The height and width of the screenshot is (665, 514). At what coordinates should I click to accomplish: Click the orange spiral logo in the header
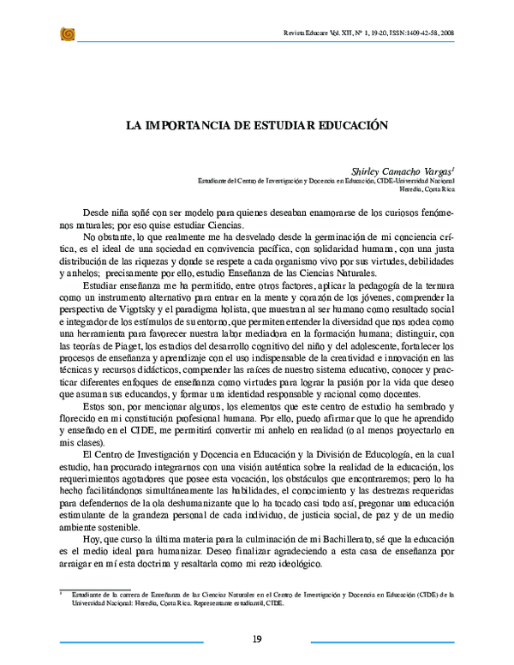(x=68, y=33)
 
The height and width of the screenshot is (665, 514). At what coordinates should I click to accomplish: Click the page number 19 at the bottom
(x=257, y=638)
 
